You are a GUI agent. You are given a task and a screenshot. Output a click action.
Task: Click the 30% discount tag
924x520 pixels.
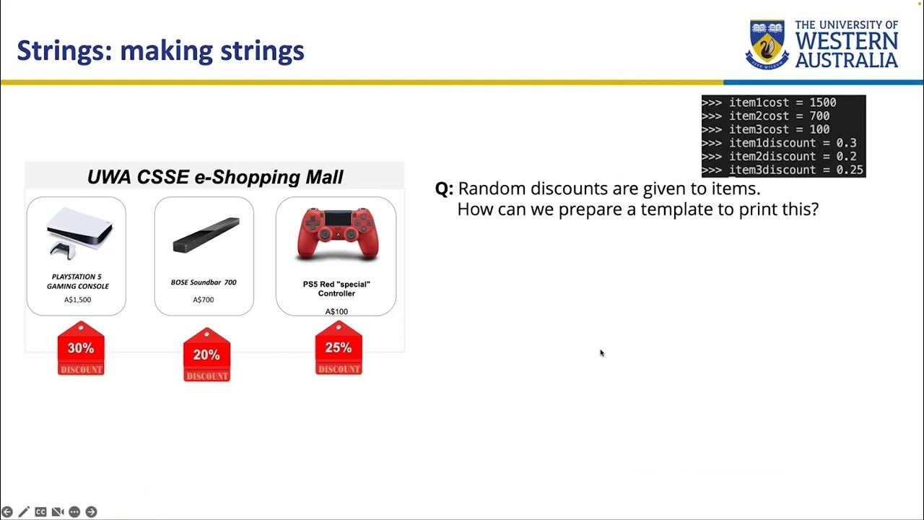[81, 350]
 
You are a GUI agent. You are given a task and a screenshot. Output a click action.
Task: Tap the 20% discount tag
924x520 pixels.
[206, 355]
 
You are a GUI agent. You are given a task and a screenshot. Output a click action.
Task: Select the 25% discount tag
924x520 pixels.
[338, 349]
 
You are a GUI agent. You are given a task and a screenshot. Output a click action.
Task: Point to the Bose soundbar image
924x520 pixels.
[206, 235]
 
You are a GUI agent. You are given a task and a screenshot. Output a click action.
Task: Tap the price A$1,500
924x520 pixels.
[77, 300]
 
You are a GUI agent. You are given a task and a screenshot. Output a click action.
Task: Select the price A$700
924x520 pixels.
[204, 300]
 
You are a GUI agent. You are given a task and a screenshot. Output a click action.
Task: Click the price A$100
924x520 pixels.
[336, 312]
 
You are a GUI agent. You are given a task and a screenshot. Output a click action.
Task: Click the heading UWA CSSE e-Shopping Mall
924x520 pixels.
[215, 177]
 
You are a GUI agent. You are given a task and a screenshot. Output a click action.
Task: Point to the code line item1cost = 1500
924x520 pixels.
[782, 103]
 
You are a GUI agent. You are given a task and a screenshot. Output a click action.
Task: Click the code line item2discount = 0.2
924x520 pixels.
[792, 157]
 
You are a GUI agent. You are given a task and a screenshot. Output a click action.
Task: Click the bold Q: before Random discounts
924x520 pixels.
[443, 189]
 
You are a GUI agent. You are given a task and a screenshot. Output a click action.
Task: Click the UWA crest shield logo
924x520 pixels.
[767, 45]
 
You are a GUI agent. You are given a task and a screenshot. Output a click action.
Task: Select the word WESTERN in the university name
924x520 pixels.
[846, 42]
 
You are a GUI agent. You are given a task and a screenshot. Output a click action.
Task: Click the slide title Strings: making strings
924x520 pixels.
[160, 51]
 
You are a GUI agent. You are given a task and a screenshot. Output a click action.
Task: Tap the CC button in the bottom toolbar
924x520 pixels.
[40, 512]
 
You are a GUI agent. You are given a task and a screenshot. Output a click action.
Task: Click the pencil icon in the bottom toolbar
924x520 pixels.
[24, 512]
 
